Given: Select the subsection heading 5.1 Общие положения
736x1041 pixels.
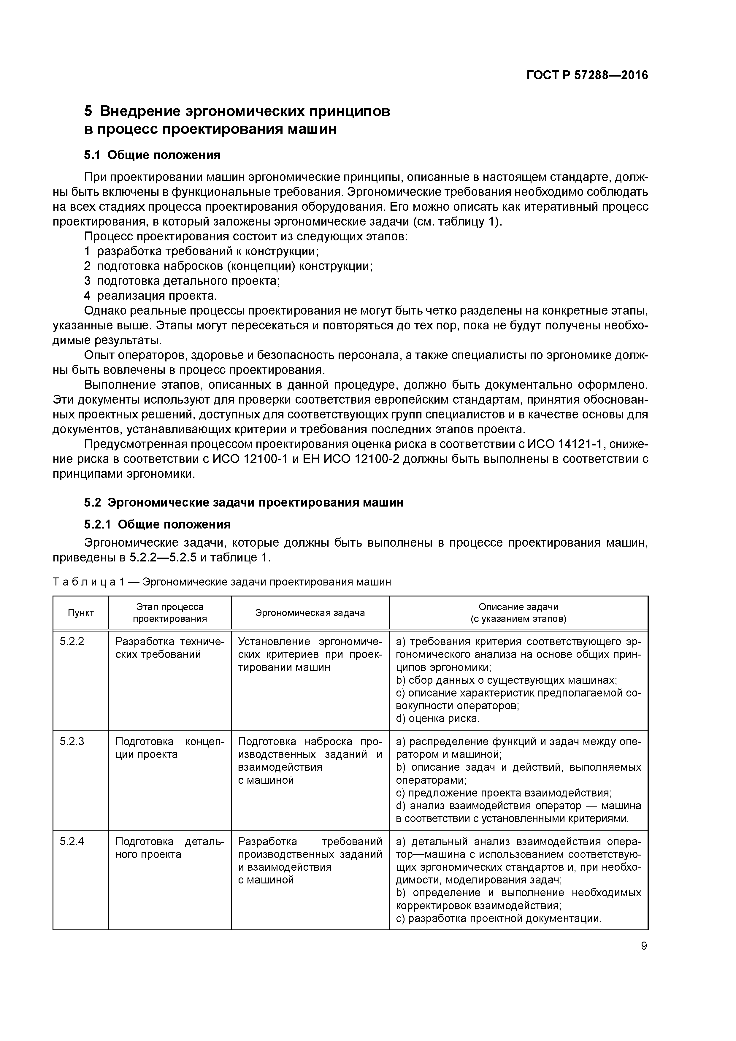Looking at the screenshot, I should (152, 155).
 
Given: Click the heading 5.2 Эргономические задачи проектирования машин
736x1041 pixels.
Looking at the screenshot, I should (244, 502).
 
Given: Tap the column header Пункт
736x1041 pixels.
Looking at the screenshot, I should (81, 613).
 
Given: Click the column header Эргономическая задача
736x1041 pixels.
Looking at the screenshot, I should (310, 613).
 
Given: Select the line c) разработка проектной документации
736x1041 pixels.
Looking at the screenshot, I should (498, 918).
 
